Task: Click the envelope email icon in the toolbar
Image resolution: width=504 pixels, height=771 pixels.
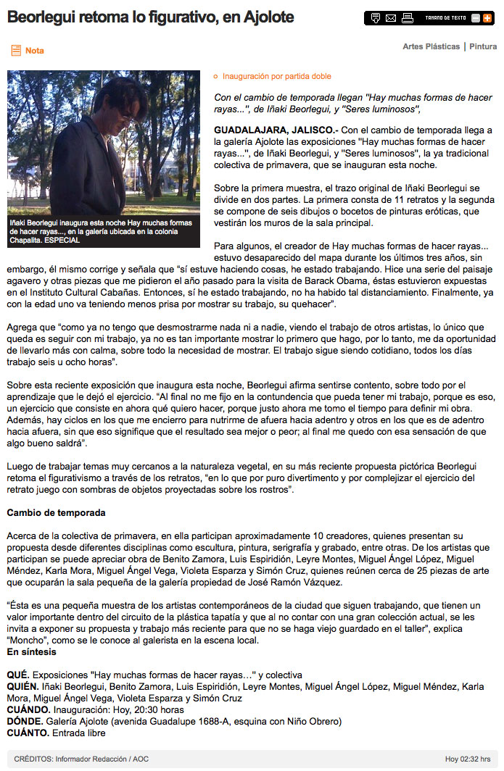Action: pyautogui.click(x=391, y=18)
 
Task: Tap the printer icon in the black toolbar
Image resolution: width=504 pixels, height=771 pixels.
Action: pyautogui.click(x=408, y=18)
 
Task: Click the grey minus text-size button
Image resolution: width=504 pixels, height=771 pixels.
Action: pyautogui.click(x=476, y=18)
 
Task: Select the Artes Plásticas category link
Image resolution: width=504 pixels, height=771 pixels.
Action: pyautogui.click(x=431, y=47)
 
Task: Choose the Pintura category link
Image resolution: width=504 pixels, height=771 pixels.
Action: pyautogui.click(x=483, y=47)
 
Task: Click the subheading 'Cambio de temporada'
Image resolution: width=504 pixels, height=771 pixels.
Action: pyautogui.click(x=57, y=513)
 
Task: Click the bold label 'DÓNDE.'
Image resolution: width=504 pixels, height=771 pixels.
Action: pyautogui.click(x=25, y=722)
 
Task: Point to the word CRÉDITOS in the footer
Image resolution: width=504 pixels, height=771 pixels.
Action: pyautogui.click(x=33, y=759)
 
